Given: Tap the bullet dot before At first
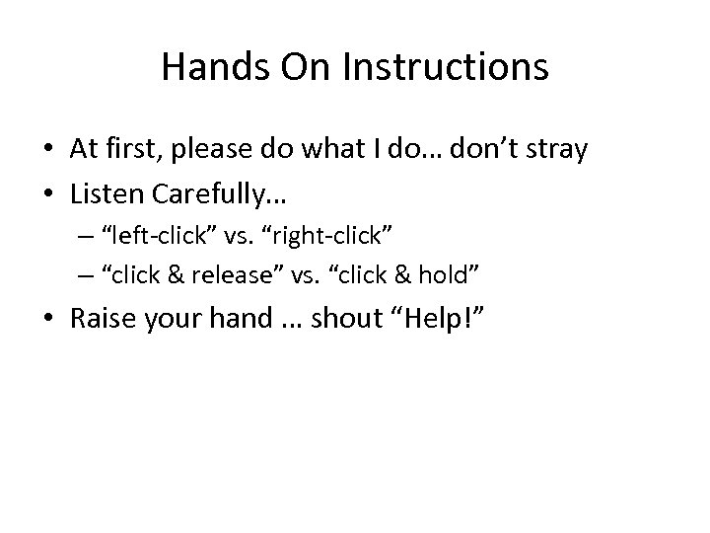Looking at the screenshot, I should tap(48, 151).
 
